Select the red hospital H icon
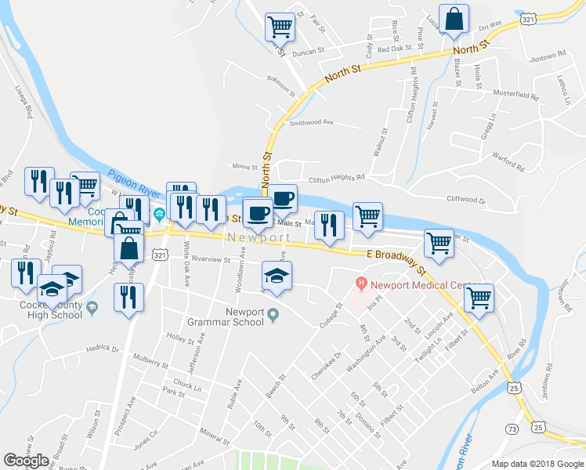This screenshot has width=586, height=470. [361, 283]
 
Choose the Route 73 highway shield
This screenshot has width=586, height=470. [512, 428]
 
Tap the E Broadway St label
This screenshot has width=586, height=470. [396, 260]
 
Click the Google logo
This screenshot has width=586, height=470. [27, 461]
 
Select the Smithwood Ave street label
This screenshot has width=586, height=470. [311, 123]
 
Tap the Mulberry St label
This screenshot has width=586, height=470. [151, 363]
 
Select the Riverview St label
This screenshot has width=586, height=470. [211, 259]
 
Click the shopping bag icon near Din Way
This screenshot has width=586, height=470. [454, 19]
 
